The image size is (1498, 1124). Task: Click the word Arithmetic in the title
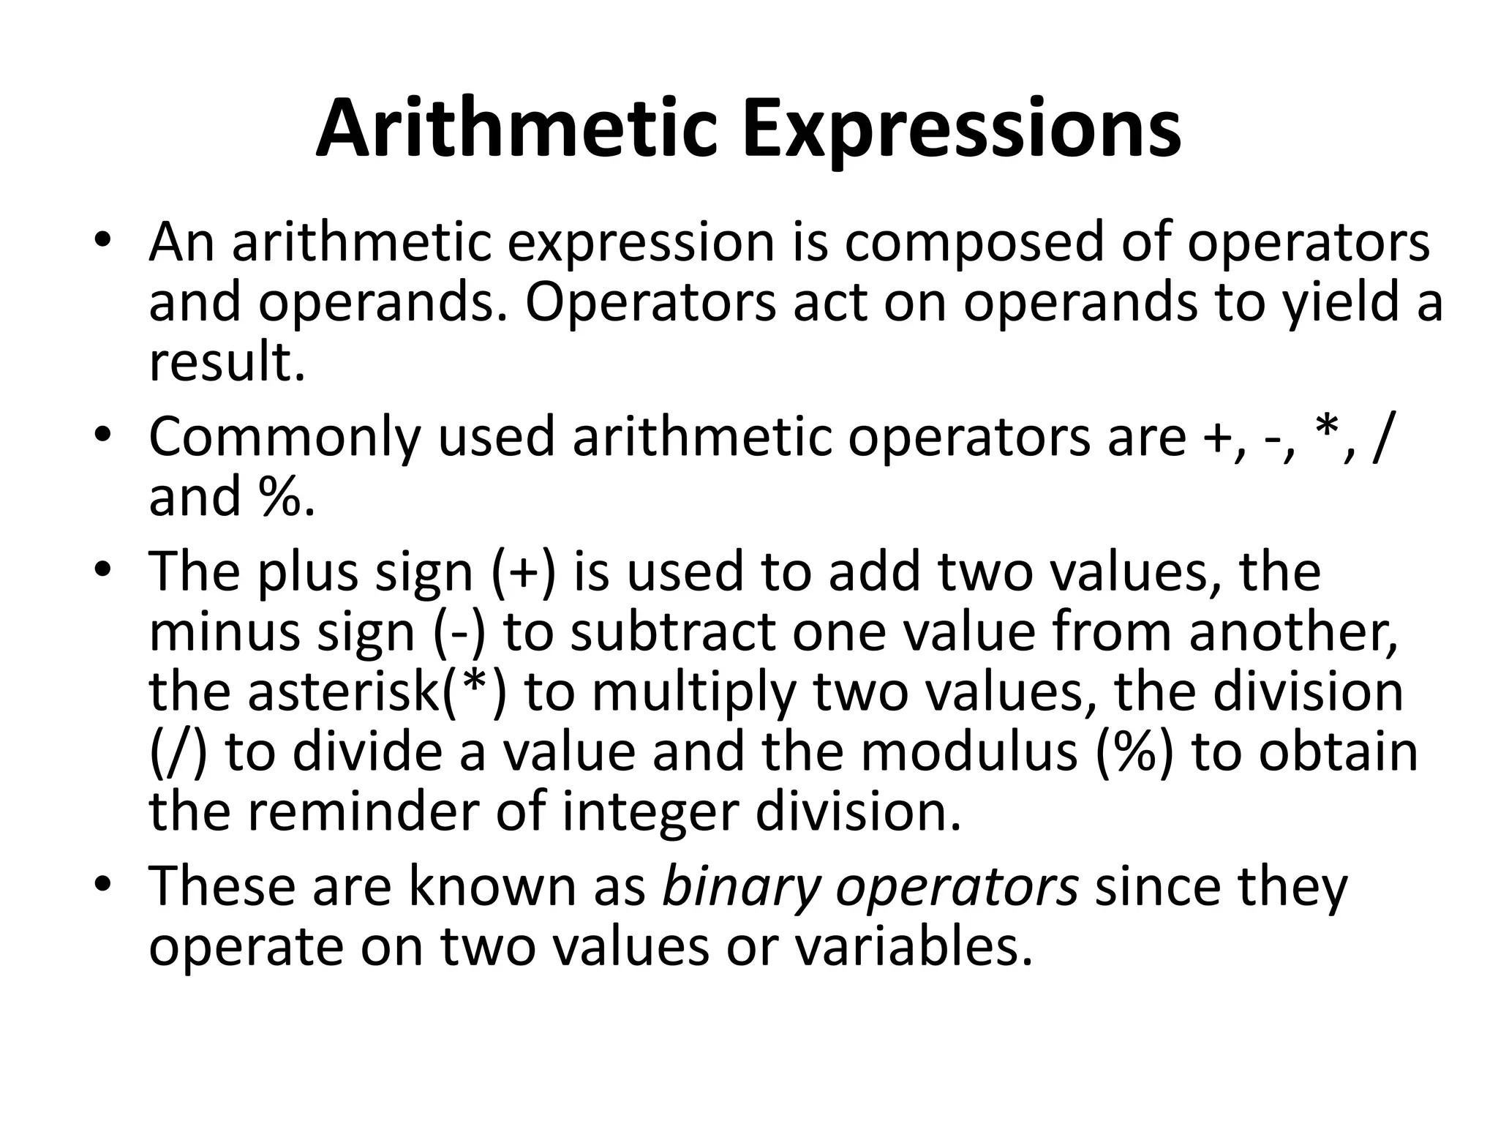515,129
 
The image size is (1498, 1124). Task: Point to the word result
226,363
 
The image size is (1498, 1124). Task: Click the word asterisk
342,692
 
